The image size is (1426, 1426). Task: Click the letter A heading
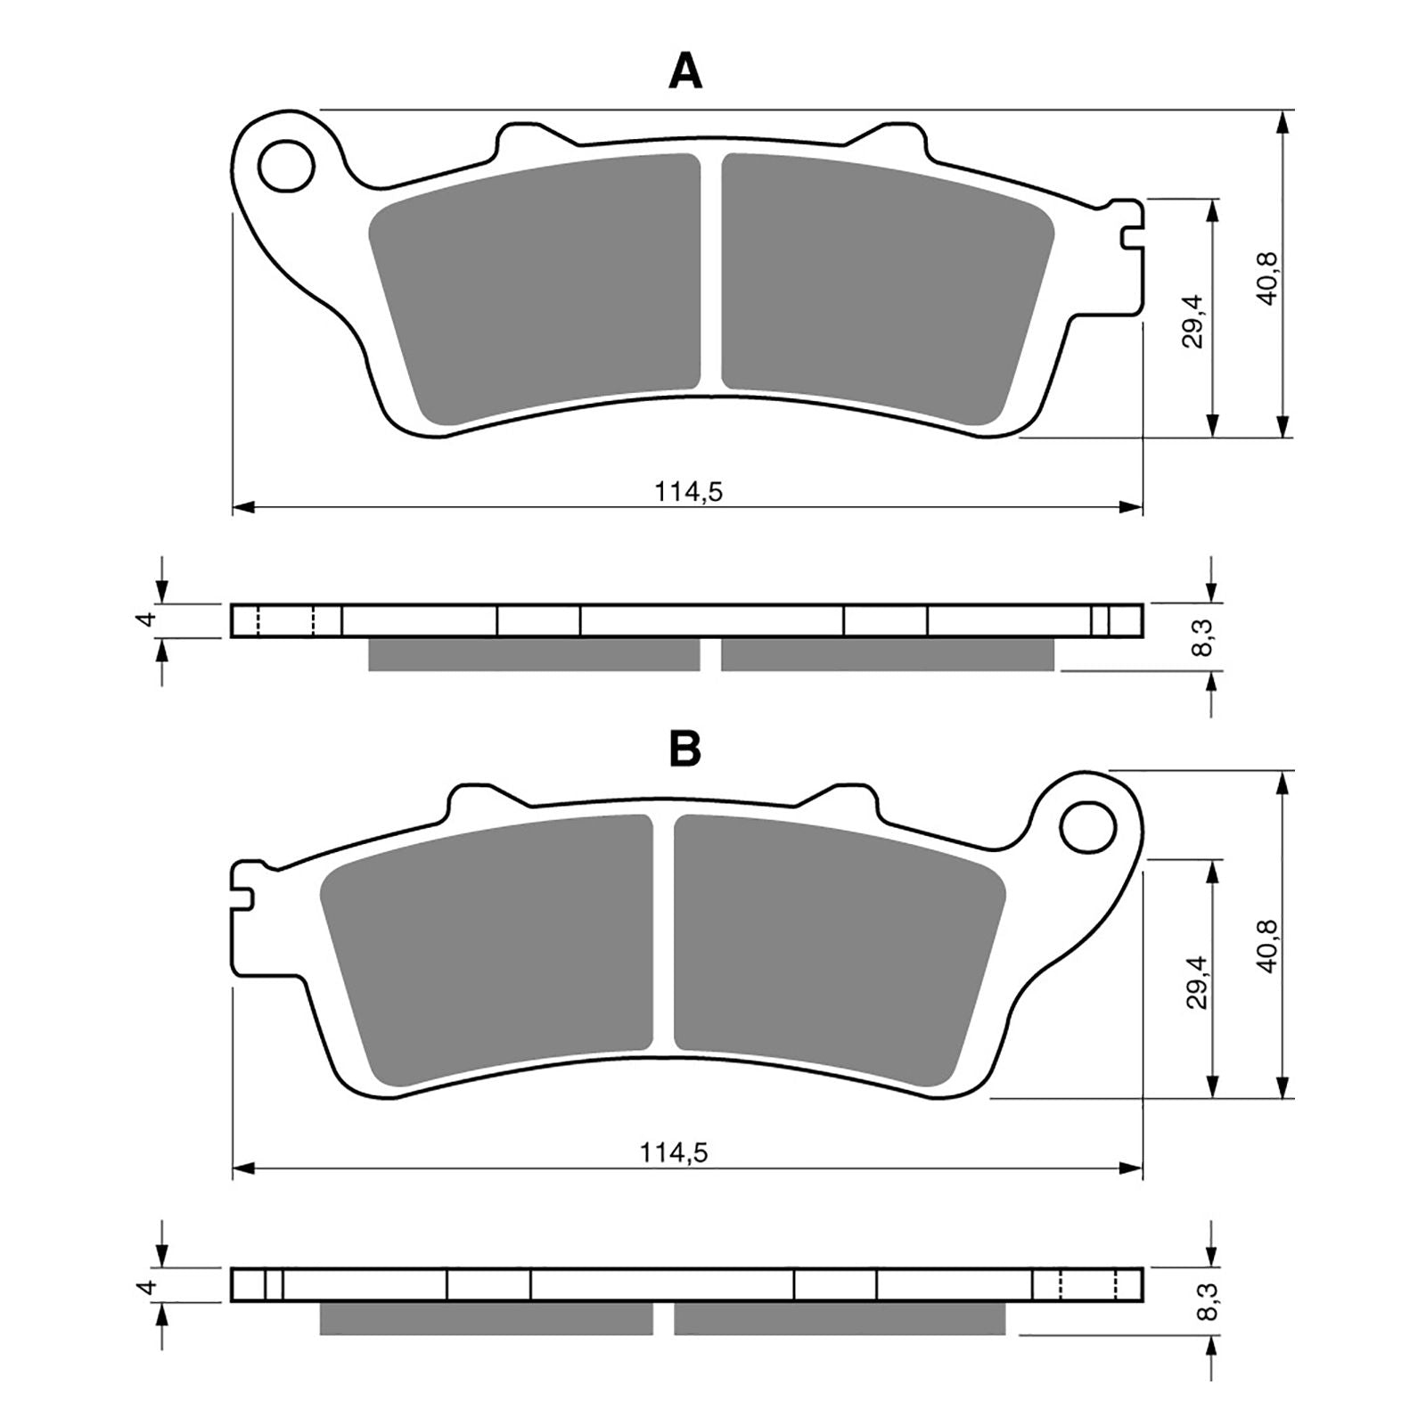[685, 71]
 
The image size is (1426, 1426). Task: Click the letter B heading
[685, 750]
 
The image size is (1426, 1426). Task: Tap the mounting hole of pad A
[287, 166]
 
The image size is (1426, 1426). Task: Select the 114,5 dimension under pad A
[688, 491]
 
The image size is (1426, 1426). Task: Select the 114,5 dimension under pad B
[673, 1152]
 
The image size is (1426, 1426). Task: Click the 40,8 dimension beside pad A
[1268, 278]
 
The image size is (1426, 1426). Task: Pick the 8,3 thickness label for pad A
[1205, 638]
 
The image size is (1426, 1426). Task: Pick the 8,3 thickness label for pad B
[1205, 1300]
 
